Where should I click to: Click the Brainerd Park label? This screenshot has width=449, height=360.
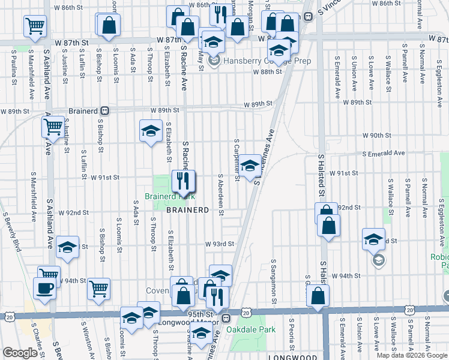point(170,196)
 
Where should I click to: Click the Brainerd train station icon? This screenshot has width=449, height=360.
point(105,111)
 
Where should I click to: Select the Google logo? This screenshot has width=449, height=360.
point(20,353)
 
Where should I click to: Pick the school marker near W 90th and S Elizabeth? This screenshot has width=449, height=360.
point(151,131)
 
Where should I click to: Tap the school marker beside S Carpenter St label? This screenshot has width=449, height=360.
point(251,165)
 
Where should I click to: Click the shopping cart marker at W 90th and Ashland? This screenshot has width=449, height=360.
point(53,127)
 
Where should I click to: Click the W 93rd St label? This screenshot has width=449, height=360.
point(219,244)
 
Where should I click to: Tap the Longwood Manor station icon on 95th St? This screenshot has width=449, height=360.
point(226,318)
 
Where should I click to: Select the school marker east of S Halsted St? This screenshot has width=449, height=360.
point(373,238)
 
